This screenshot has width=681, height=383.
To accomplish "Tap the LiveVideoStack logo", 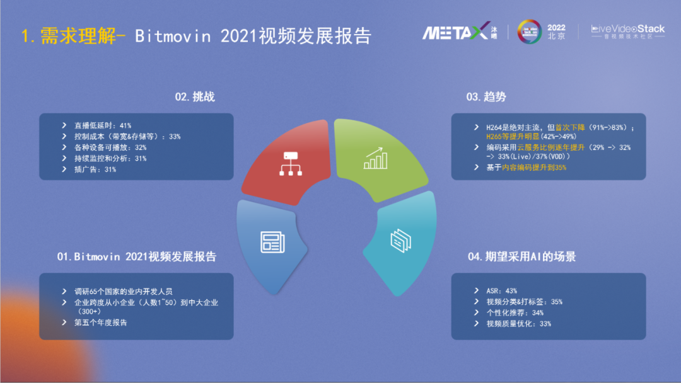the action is click(x=627, y=31).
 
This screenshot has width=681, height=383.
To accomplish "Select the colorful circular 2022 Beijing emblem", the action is click(x=530, y=31).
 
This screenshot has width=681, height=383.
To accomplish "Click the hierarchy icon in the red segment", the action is click(x=291, y=164).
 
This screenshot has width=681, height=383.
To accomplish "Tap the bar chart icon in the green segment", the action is click(x=375, y=158).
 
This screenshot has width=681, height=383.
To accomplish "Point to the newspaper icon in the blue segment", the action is click(x=272, y=242).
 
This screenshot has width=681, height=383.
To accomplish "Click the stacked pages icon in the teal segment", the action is click(x=401, y=241).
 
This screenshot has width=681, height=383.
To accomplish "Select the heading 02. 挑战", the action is click(x=195, y=97).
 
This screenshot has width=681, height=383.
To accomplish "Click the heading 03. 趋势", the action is click(x=486, y=97).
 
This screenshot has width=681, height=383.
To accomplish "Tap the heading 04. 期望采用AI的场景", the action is click(x=521, y=257).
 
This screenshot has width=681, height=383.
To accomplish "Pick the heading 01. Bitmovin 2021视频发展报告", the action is click(x=136, y=257).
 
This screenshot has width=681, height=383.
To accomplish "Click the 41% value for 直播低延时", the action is click(x=125, y=126).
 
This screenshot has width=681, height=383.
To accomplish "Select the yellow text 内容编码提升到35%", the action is click(x=534, y=168).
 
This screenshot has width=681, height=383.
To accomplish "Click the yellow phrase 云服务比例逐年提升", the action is click(x=550, y=147).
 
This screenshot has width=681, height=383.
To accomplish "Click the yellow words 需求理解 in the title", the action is click(x=78, y=35).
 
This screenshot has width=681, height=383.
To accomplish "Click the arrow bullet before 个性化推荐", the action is click(x=477, y=312).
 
